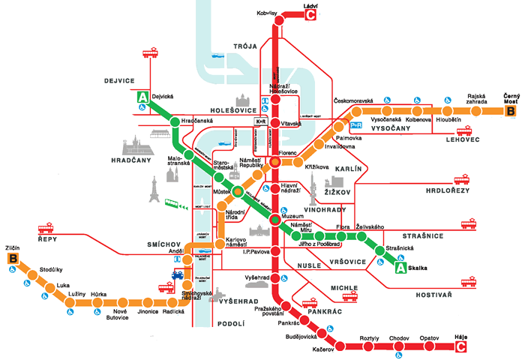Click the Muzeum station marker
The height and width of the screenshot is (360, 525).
[275, 220]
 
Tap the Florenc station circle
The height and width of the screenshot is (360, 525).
[275, 160]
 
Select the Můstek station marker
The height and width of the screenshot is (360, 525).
[237, 191]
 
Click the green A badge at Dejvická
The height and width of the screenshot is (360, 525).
[141, 97]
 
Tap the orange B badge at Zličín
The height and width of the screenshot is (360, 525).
[13, 259]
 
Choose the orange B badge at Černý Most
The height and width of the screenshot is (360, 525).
[511, 112]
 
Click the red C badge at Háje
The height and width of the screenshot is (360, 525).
[461, 346]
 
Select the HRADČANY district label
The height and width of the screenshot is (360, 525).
[133, 161]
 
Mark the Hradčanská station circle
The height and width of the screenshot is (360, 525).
[174, 121]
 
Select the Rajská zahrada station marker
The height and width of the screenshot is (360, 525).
[475, 112]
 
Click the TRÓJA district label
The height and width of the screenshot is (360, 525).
[244, 46]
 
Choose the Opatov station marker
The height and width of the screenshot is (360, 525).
[427, 346]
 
